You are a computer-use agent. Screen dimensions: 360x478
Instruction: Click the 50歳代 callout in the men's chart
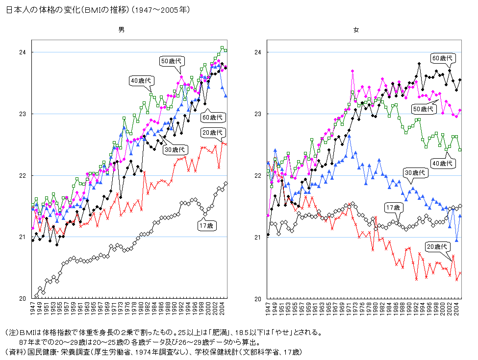[x=171, y=61]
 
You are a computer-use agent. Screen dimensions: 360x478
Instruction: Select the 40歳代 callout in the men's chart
[x=142, y=81]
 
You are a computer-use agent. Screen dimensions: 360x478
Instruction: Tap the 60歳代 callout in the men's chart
[x=212, y=118]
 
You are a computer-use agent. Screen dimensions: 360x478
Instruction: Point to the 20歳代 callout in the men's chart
[x=212, y=133]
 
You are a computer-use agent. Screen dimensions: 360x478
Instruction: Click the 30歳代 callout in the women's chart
[x=416, y=172]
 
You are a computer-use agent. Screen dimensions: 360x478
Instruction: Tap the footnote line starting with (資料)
[x=152, y=352]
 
